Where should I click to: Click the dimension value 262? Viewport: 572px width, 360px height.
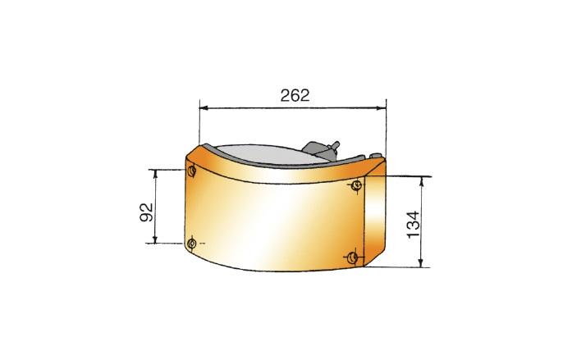point(295,95)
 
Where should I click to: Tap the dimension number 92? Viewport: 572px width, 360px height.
point(147,212)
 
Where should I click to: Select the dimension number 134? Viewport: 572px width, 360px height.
point(414,225)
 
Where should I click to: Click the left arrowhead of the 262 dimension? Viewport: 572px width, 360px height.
point(204,108)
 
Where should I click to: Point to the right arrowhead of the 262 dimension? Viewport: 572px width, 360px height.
point(382,108)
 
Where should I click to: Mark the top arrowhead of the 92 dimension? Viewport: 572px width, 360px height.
point(156,174)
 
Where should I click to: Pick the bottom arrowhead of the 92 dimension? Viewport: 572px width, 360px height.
point(155,239)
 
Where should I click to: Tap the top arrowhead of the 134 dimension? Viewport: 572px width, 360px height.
point(422,181)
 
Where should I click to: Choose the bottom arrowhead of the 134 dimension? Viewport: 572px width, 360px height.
point(421,262)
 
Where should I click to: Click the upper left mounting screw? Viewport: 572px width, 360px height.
point(191,171)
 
